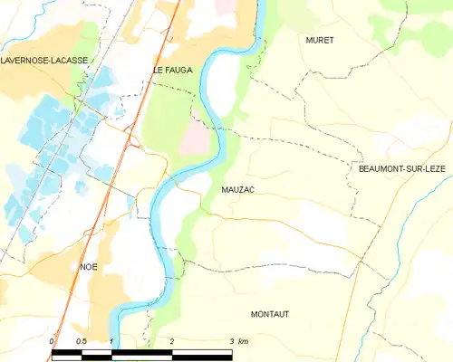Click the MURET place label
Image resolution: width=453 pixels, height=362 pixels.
(320, 41)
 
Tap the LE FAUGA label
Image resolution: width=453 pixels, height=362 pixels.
(169, 70)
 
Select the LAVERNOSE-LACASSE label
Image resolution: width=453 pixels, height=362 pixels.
(44, 61)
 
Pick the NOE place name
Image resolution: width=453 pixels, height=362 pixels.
(89, 266)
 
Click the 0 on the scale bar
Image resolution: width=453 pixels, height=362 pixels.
(53, 340)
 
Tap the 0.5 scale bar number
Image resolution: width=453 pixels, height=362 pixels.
(81, 340)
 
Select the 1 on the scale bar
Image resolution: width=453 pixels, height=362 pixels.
(111, 340)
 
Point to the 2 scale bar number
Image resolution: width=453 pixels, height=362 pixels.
(171, 340)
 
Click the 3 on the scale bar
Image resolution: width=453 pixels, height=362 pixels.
(231, 340)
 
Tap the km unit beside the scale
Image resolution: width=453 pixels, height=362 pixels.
(243, 340)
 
